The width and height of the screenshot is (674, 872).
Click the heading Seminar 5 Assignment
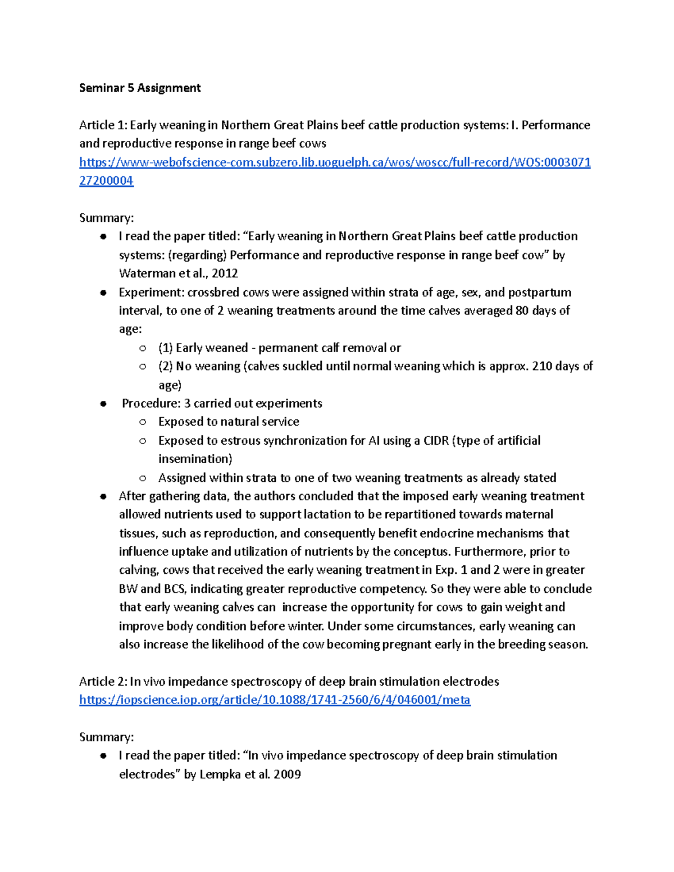point(140,88)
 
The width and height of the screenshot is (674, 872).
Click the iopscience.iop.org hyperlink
point(275,700)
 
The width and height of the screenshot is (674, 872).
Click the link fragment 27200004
point(106,181)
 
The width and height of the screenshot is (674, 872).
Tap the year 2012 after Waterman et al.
point(225,273)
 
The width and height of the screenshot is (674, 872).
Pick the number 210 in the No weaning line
point(542,366)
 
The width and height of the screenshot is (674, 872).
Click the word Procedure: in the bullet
point(151,403)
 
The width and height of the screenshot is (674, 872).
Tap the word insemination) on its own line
point(195,459)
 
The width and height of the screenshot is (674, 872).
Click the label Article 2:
point(103,681)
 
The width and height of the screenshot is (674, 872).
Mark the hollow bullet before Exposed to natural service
point(143,422)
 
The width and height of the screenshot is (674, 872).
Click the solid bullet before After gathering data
point(103,496)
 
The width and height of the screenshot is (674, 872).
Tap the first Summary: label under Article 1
point(106,218)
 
